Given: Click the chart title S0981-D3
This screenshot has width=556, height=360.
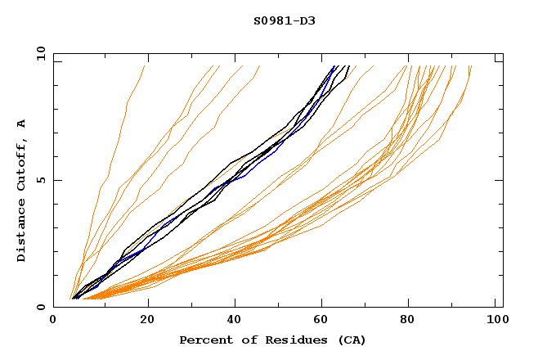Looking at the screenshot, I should (284, 20).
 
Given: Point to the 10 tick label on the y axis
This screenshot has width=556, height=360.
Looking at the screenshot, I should (40, 53).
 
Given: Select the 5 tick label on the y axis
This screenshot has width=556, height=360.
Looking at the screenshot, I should (43, 180).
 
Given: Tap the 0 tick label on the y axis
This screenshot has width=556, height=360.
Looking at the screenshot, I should (43, 307).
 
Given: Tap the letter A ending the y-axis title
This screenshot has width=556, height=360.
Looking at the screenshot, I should (22, 124).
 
